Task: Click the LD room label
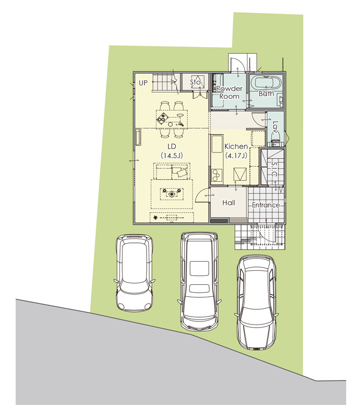pos(172,146)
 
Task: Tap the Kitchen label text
pos(236,146)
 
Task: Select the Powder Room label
pos(229,92)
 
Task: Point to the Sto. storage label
pos(197,83)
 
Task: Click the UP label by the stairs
pos(143,83)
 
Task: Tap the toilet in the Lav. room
pos(274,138)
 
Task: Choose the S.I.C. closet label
pos(275,170)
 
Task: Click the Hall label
pos(229,203)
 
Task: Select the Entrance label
pos(266,205)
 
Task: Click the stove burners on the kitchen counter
pos(216,175)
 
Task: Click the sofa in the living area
pos(172,171)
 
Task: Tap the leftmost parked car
pos(134,272)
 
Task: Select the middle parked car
pos(199,281)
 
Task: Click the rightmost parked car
pos(256,303)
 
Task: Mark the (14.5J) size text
pos(172,155)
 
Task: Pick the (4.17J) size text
pos(236,155)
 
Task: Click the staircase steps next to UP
pos(164,83)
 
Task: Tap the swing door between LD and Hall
pos(201,195)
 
